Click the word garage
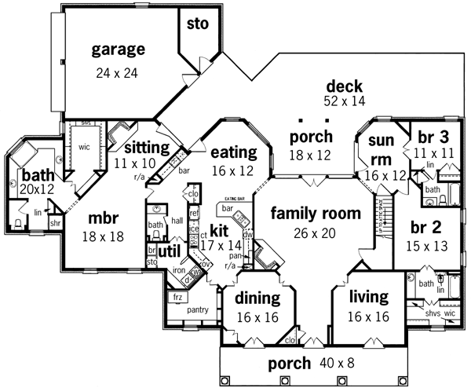pyautogui.click(x=119, y=50)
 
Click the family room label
pyautogui.click(x=316, y=214)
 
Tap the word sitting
pyautogui.click(x=147, y=147)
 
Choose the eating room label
pyautogui.click(x=234, y=152)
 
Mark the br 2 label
pyautogui.click(x=433, y=229)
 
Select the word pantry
pyautogui.click(x=197, y=309)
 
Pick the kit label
pyautogui.click(x=219, y=232)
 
